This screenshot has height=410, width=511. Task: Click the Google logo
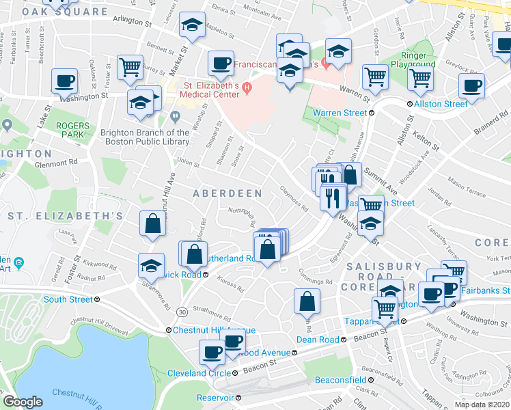click(x=23, y=402)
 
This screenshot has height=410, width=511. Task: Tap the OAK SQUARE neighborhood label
click(x=65, y=12)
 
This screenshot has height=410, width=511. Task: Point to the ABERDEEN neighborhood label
click(x=227, y=193)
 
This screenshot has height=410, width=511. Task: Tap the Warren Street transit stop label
click(x=340, y=113)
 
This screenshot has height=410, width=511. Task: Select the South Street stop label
click(x=68, y=299)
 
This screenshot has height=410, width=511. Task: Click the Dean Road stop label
click(x=318, y=340)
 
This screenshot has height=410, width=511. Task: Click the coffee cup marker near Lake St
click(x=65, y=82)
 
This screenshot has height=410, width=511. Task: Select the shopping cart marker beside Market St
click(x=130, y=68)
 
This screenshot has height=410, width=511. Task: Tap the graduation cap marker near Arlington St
click(x=193, y=26)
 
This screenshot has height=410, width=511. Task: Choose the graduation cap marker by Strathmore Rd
click(x=151, y=266)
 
